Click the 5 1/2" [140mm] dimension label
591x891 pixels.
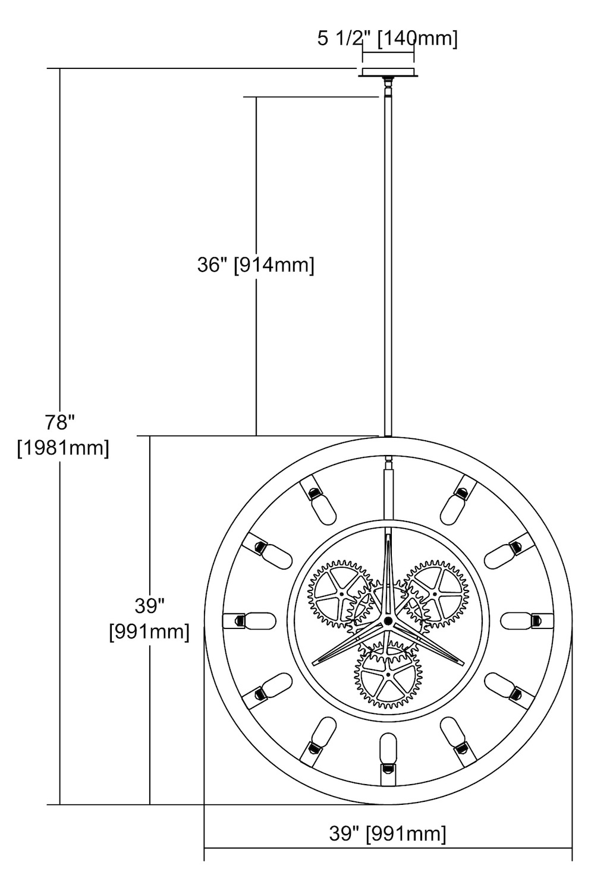pos(387,39)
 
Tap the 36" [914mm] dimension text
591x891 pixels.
pos(256,264)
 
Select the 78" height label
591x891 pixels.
pos(59,422)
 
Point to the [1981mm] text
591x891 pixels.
pos(63,448)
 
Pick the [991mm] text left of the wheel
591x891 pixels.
pos(149,631)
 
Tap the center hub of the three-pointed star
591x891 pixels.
pos(388,621)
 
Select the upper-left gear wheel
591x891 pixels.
pos(341,594)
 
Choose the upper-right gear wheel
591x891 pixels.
pos(435,594)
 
